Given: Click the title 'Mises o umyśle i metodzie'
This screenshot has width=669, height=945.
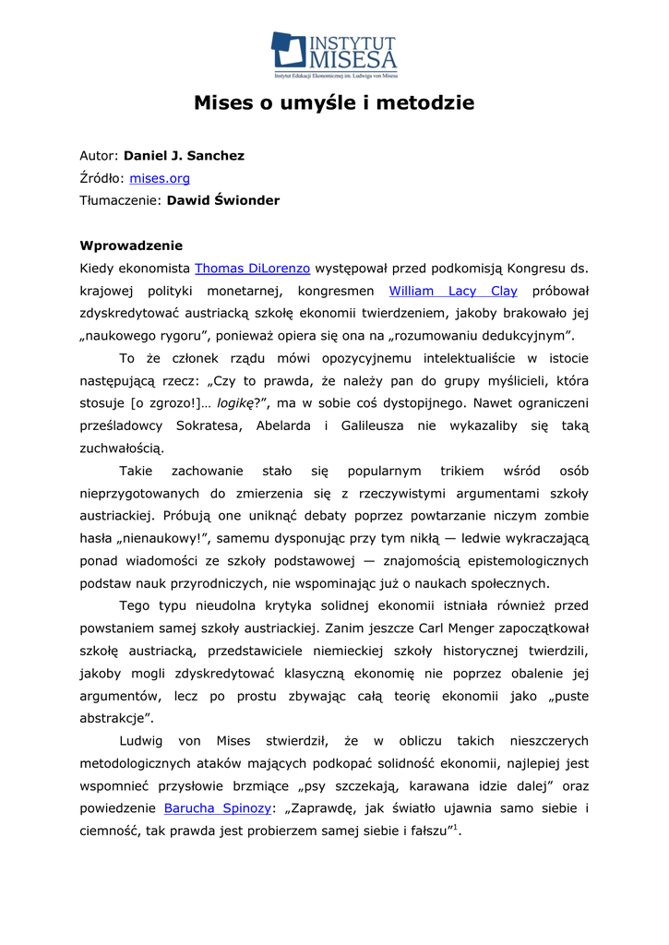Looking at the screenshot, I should [334, 102].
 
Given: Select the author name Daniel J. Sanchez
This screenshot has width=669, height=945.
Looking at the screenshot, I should [184, 156].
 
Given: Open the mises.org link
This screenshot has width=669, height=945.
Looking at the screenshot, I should [160, 178].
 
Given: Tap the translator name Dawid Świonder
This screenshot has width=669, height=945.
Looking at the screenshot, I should [222, 200].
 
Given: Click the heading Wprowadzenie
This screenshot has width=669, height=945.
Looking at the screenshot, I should [131, 245].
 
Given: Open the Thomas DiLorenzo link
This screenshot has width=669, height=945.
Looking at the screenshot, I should [252, 269].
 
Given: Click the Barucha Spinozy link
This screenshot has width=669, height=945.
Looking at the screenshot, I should [218, 809].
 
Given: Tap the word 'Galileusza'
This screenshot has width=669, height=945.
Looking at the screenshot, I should [376, 425].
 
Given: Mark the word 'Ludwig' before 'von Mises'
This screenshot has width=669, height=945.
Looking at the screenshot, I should [140, 741].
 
